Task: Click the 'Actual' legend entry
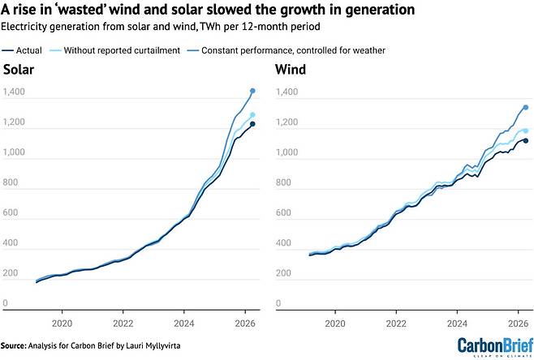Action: point(22,50)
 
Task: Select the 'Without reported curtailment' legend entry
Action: point(115,50)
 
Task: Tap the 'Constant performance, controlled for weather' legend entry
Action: point(286,50)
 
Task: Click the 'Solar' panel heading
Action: point(19,70)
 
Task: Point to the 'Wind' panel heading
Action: point(291,70)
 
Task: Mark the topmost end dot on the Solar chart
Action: point(252,91)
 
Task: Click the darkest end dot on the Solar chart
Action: point(252,124)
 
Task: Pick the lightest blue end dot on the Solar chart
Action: point(252,115)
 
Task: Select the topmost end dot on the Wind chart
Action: point(526,108)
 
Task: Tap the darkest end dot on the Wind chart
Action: point(526,141)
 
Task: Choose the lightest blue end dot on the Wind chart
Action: point(526,131)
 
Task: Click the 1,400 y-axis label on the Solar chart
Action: point(14,92)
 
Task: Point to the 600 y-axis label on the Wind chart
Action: point(283,212)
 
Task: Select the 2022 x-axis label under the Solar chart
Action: point(123,324)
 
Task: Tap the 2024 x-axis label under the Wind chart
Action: point(457,324)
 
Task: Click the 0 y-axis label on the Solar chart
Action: point(5,302)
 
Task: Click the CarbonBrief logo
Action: point(496,346)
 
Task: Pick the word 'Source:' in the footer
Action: point(13,345)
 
